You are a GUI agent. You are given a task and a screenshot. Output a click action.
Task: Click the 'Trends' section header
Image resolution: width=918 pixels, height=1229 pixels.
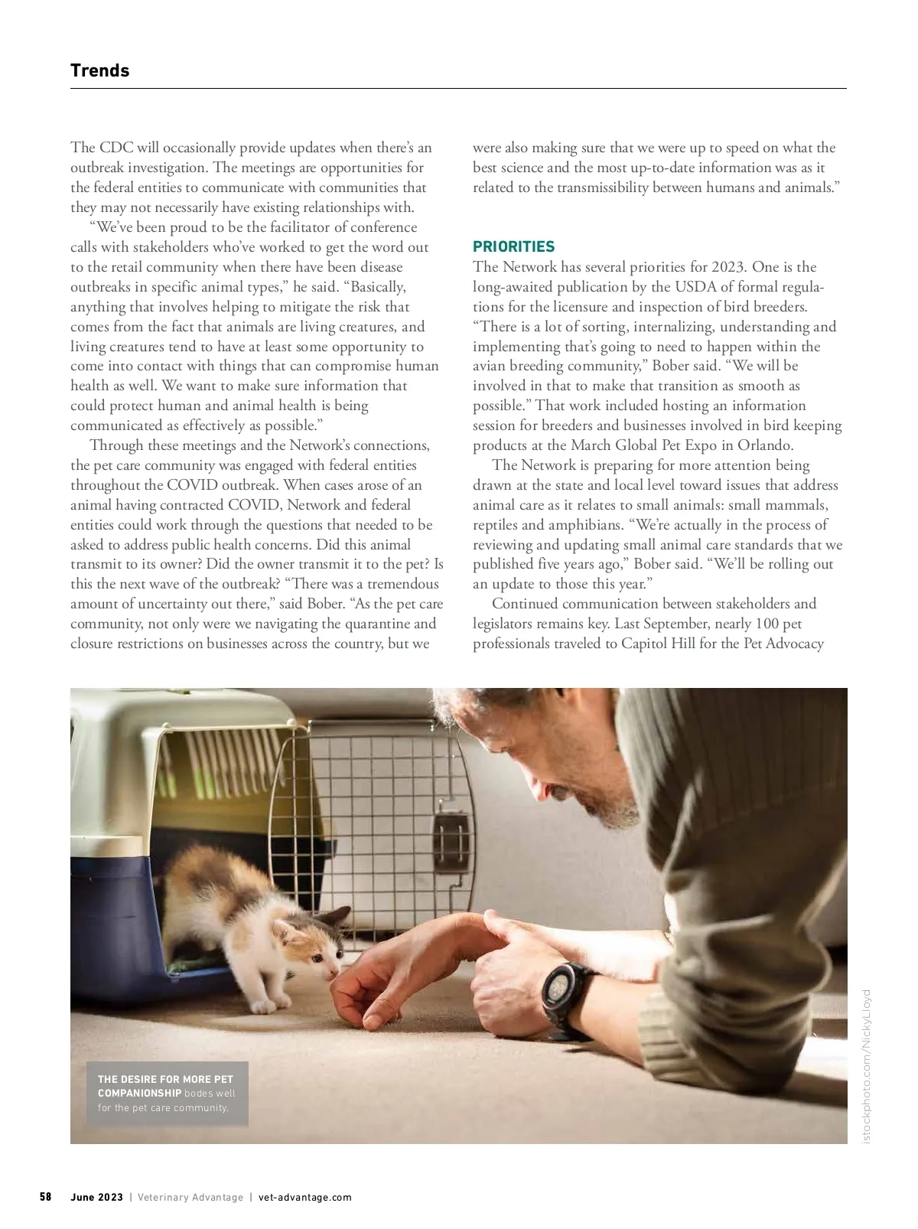coord(99,70)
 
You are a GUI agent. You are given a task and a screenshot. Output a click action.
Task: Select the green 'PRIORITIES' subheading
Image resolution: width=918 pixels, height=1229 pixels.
coord(513,246)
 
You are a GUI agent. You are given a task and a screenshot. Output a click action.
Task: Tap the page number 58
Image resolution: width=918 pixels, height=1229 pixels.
coord(46,1197)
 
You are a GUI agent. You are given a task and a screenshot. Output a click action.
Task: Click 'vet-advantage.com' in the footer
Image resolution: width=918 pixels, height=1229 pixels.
coord(305,1198)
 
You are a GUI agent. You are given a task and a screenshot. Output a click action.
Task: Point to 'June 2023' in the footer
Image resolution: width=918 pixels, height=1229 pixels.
coord(96,1198)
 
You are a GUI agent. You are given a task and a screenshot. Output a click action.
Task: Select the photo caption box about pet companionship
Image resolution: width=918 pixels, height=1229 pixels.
coord(167,1093)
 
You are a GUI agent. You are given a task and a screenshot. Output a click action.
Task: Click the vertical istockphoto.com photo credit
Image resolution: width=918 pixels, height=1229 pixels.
coord(866,1068)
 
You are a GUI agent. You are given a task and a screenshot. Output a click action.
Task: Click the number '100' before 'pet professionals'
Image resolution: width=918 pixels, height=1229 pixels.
coord(767,624)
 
